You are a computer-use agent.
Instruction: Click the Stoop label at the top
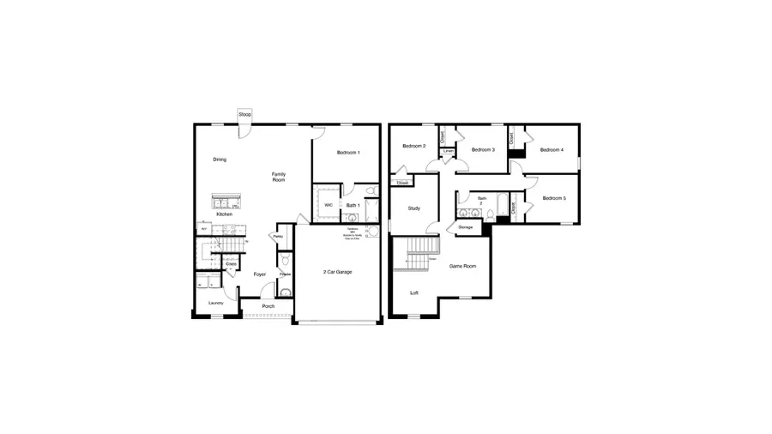245,114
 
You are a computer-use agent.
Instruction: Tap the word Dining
220,160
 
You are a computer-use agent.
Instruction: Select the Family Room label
279,178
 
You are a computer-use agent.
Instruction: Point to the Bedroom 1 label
348,153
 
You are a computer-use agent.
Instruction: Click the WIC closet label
329,205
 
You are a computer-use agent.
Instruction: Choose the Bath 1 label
353,206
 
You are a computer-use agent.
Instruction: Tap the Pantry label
279,237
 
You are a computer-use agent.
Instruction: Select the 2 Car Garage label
338,272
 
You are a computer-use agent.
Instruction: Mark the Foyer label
260,274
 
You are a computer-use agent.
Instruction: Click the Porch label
268,306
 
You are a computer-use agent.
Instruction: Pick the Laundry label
216,303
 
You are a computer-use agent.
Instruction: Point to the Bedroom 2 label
414,146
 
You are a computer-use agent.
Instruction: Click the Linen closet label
449,152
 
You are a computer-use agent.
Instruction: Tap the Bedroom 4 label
552,150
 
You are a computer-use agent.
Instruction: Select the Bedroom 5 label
554,199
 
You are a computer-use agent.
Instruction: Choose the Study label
413,208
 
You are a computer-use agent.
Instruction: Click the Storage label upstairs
466,227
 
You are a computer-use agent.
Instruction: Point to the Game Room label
463,267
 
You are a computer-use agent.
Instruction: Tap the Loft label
414,293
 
